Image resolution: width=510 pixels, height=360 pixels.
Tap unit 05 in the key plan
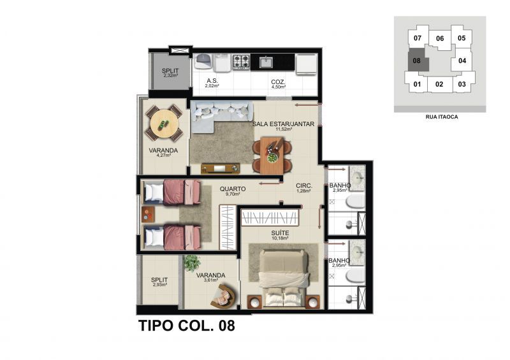click(462, 38)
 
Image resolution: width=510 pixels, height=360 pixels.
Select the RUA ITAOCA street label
click(442, 117)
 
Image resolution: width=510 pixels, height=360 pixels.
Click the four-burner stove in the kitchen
click(241, 62)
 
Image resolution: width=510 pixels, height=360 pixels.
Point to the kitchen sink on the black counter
click(266, 62)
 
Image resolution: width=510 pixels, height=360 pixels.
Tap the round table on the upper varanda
click(164, 124)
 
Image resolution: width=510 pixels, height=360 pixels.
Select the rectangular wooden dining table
click(273, 155)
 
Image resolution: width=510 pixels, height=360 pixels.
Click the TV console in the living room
click(220, 168)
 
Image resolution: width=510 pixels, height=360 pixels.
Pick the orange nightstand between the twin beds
click(148, 214)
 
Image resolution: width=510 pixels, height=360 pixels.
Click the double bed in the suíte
click(283, 278)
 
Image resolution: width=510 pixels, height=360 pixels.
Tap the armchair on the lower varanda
click(224, 296)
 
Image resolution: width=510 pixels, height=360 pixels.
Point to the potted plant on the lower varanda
click(192, 263)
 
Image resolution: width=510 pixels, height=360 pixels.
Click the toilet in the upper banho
click(355, 201)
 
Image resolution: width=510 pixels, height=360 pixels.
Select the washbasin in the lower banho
click(357, 252)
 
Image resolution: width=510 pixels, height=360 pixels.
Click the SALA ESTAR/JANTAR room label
click(283, 124)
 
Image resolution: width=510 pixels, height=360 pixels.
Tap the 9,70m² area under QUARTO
click(233, 194)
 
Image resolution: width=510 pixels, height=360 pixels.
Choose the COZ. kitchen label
click(278, 82)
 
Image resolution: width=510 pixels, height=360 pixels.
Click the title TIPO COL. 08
click(187, 326)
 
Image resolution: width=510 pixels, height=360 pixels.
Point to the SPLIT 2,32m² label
click(170, 73)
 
